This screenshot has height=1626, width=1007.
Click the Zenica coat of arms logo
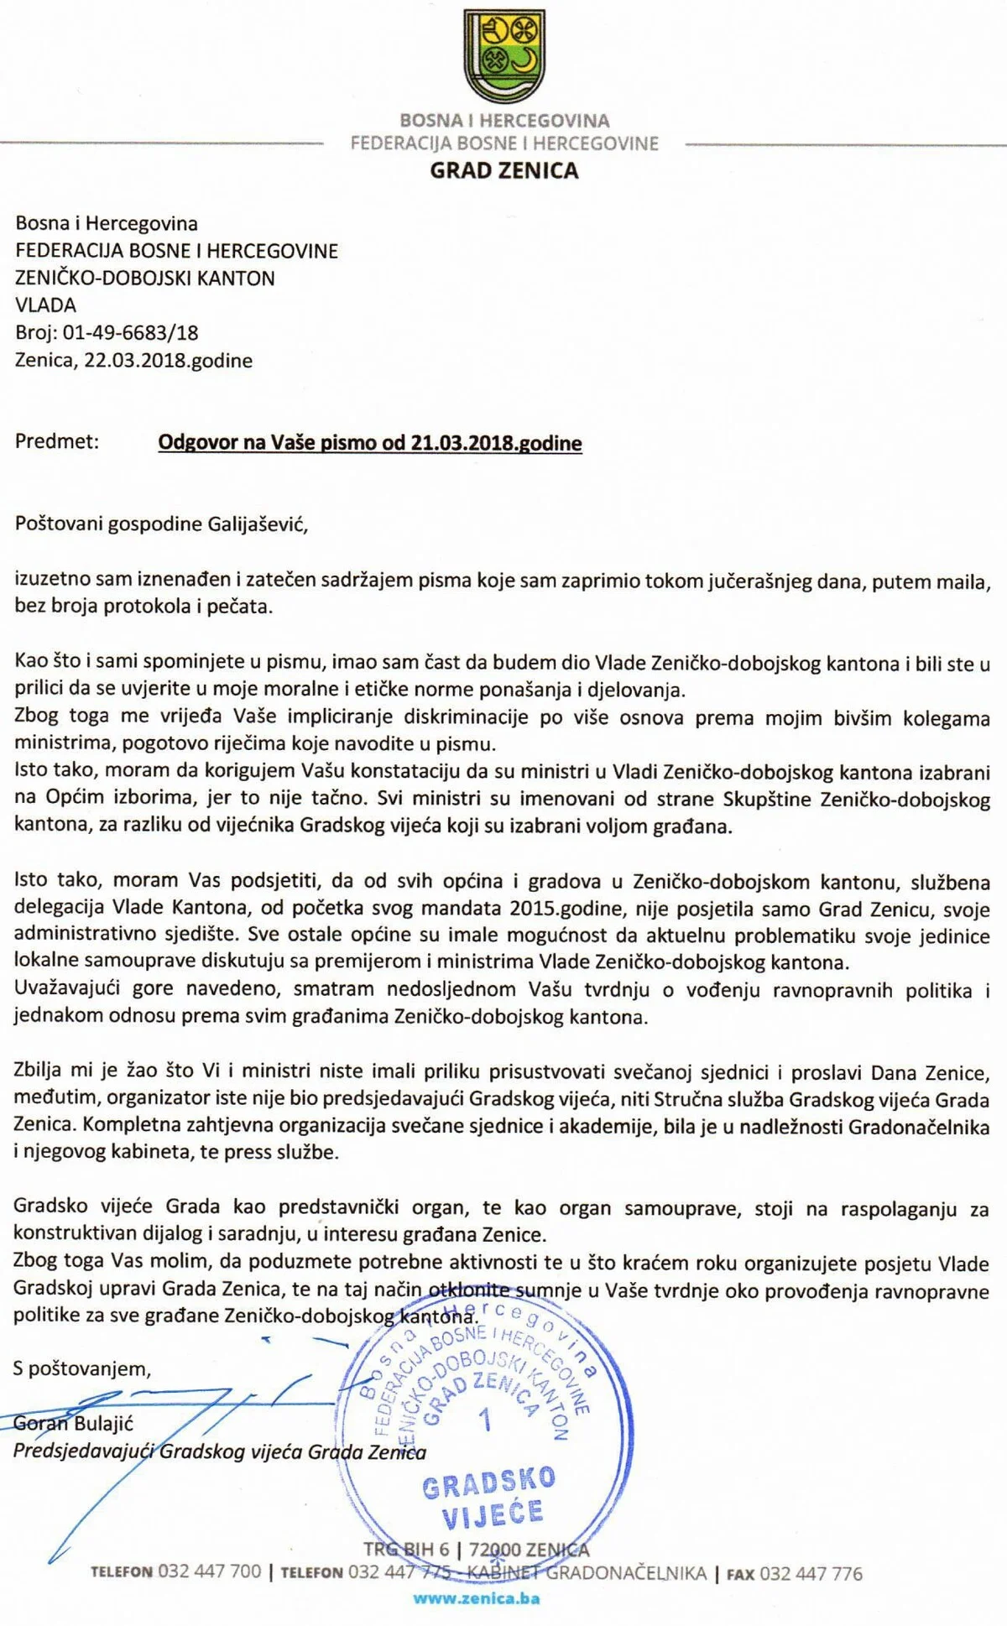503,56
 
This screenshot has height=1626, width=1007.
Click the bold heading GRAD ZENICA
504,171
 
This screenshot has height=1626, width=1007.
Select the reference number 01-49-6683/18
130,333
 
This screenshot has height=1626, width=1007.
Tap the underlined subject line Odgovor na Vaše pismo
370,443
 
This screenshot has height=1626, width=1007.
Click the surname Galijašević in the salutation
257,524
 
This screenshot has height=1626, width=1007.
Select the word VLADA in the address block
46,305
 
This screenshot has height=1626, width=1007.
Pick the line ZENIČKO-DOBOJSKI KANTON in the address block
145,279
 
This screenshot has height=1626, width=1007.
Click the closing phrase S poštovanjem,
82,1369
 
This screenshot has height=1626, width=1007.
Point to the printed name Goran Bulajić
73,1424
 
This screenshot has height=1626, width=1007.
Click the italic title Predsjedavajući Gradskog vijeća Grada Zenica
220,1451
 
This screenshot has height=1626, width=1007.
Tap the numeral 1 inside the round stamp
484,1420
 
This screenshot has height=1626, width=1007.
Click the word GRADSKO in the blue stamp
488,1484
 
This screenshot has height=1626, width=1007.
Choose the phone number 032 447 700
210,1571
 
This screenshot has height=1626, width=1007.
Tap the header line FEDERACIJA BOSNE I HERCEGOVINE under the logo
504,144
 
